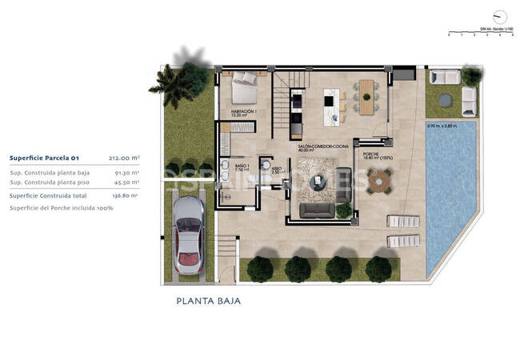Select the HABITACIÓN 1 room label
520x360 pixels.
243,111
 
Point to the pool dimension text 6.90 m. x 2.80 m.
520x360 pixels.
441,126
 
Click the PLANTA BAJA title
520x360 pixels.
208,302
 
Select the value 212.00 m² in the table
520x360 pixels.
125,158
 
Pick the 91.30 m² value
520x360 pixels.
127,172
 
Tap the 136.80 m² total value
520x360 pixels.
126,194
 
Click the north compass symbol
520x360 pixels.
501,17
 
